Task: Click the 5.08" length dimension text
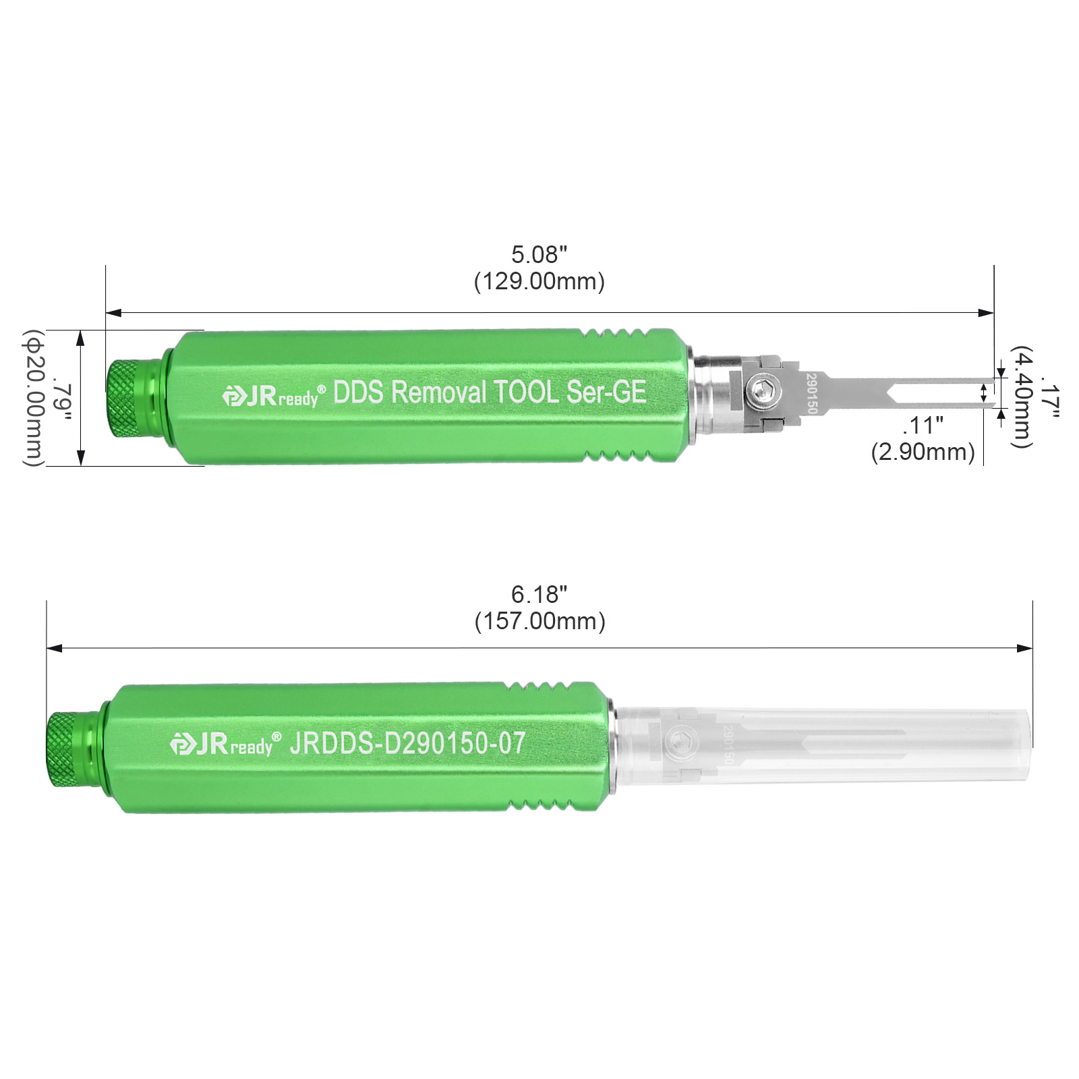539,255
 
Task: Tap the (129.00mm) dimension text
539,281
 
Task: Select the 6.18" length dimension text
539,595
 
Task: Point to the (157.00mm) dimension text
539,621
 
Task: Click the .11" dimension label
923,426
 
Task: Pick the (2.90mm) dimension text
923,452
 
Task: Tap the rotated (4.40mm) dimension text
1022,397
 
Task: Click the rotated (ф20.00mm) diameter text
34,398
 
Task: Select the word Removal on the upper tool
438,392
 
